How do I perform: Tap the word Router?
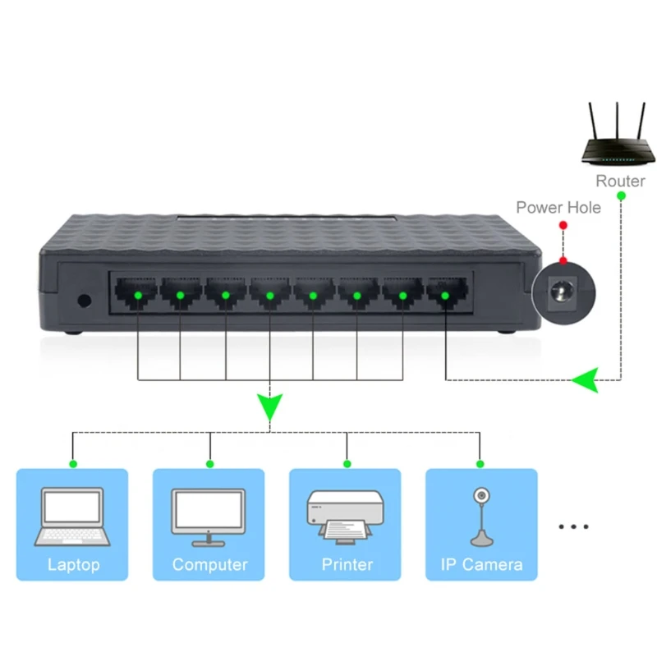620,181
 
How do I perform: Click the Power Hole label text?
558,207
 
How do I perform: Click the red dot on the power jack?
563,261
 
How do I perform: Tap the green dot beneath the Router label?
620,195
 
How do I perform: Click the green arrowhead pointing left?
586,380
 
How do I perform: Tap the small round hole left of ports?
83,300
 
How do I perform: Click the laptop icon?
72,517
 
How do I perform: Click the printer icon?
345,517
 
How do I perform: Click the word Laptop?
73,565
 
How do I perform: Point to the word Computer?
209,565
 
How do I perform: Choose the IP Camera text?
480,565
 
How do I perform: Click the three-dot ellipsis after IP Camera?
573,526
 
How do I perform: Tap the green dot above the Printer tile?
346,464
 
